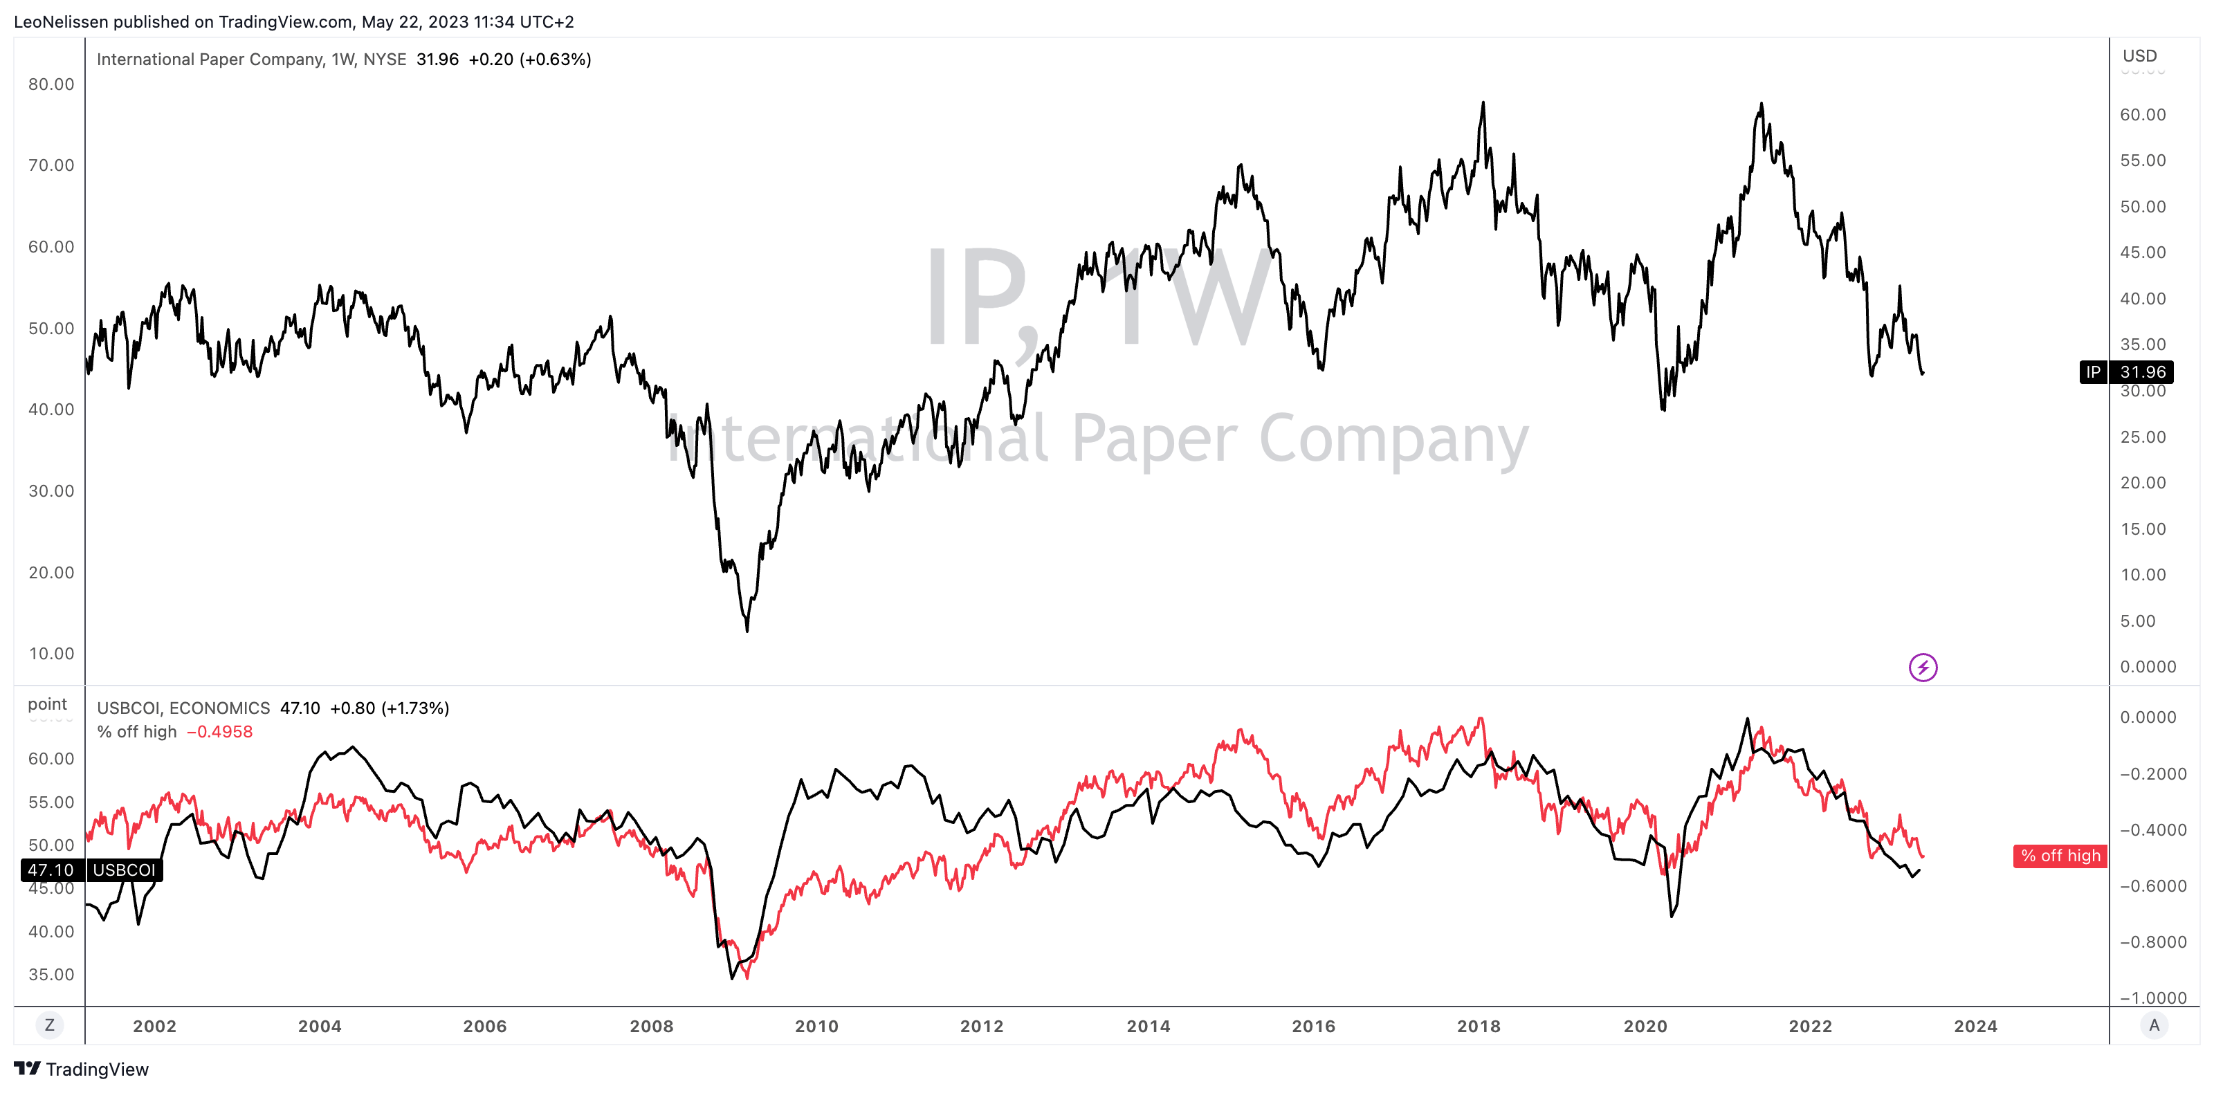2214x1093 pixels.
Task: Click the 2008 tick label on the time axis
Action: tap(652, 1026)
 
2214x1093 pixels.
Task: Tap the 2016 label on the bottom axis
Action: tap(1313, 1026)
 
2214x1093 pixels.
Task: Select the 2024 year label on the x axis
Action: tap(1975, 1026)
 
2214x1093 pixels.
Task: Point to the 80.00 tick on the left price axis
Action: tap(52, 84)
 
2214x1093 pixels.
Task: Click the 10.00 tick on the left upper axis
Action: tap(52, 654)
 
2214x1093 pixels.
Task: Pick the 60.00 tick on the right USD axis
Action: tap(2143, 115)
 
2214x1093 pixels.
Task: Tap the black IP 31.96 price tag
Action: tap(2125, 372)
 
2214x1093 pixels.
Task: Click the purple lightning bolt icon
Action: tap(1923, 667)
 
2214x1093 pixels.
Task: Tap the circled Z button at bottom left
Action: tap(50, 1025)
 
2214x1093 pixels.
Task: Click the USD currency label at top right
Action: tap(2139, 56)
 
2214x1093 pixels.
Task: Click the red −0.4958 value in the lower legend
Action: tap(219, 732)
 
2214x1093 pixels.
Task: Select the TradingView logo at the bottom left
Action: tap(82, 1069)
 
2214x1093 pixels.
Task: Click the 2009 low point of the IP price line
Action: tap(747, 631)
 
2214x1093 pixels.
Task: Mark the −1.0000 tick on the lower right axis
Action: tap(2153, 998)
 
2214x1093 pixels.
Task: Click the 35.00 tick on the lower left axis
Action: tap(52, 975)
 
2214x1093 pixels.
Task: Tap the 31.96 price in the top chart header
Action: tap(437, 59)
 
